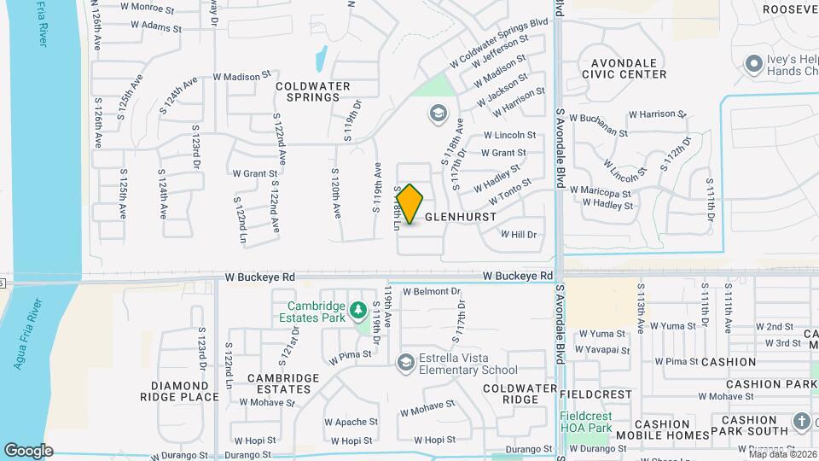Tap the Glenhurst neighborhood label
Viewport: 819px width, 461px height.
tap(460, 217)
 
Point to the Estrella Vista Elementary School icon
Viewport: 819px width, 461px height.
tap(406, 363)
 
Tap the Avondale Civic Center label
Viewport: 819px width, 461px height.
tap(623, 68)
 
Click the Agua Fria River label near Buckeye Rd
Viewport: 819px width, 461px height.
tap(23, 333)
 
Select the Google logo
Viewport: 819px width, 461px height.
tap(28, 450)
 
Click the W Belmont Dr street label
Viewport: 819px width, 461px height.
tap(431, 291)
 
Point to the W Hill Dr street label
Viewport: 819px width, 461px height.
tap(519, 234)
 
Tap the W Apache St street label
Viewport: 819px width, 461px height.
tap(350, 422)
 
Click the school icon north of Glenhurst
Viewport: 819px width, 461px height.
tap(438, 114)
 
